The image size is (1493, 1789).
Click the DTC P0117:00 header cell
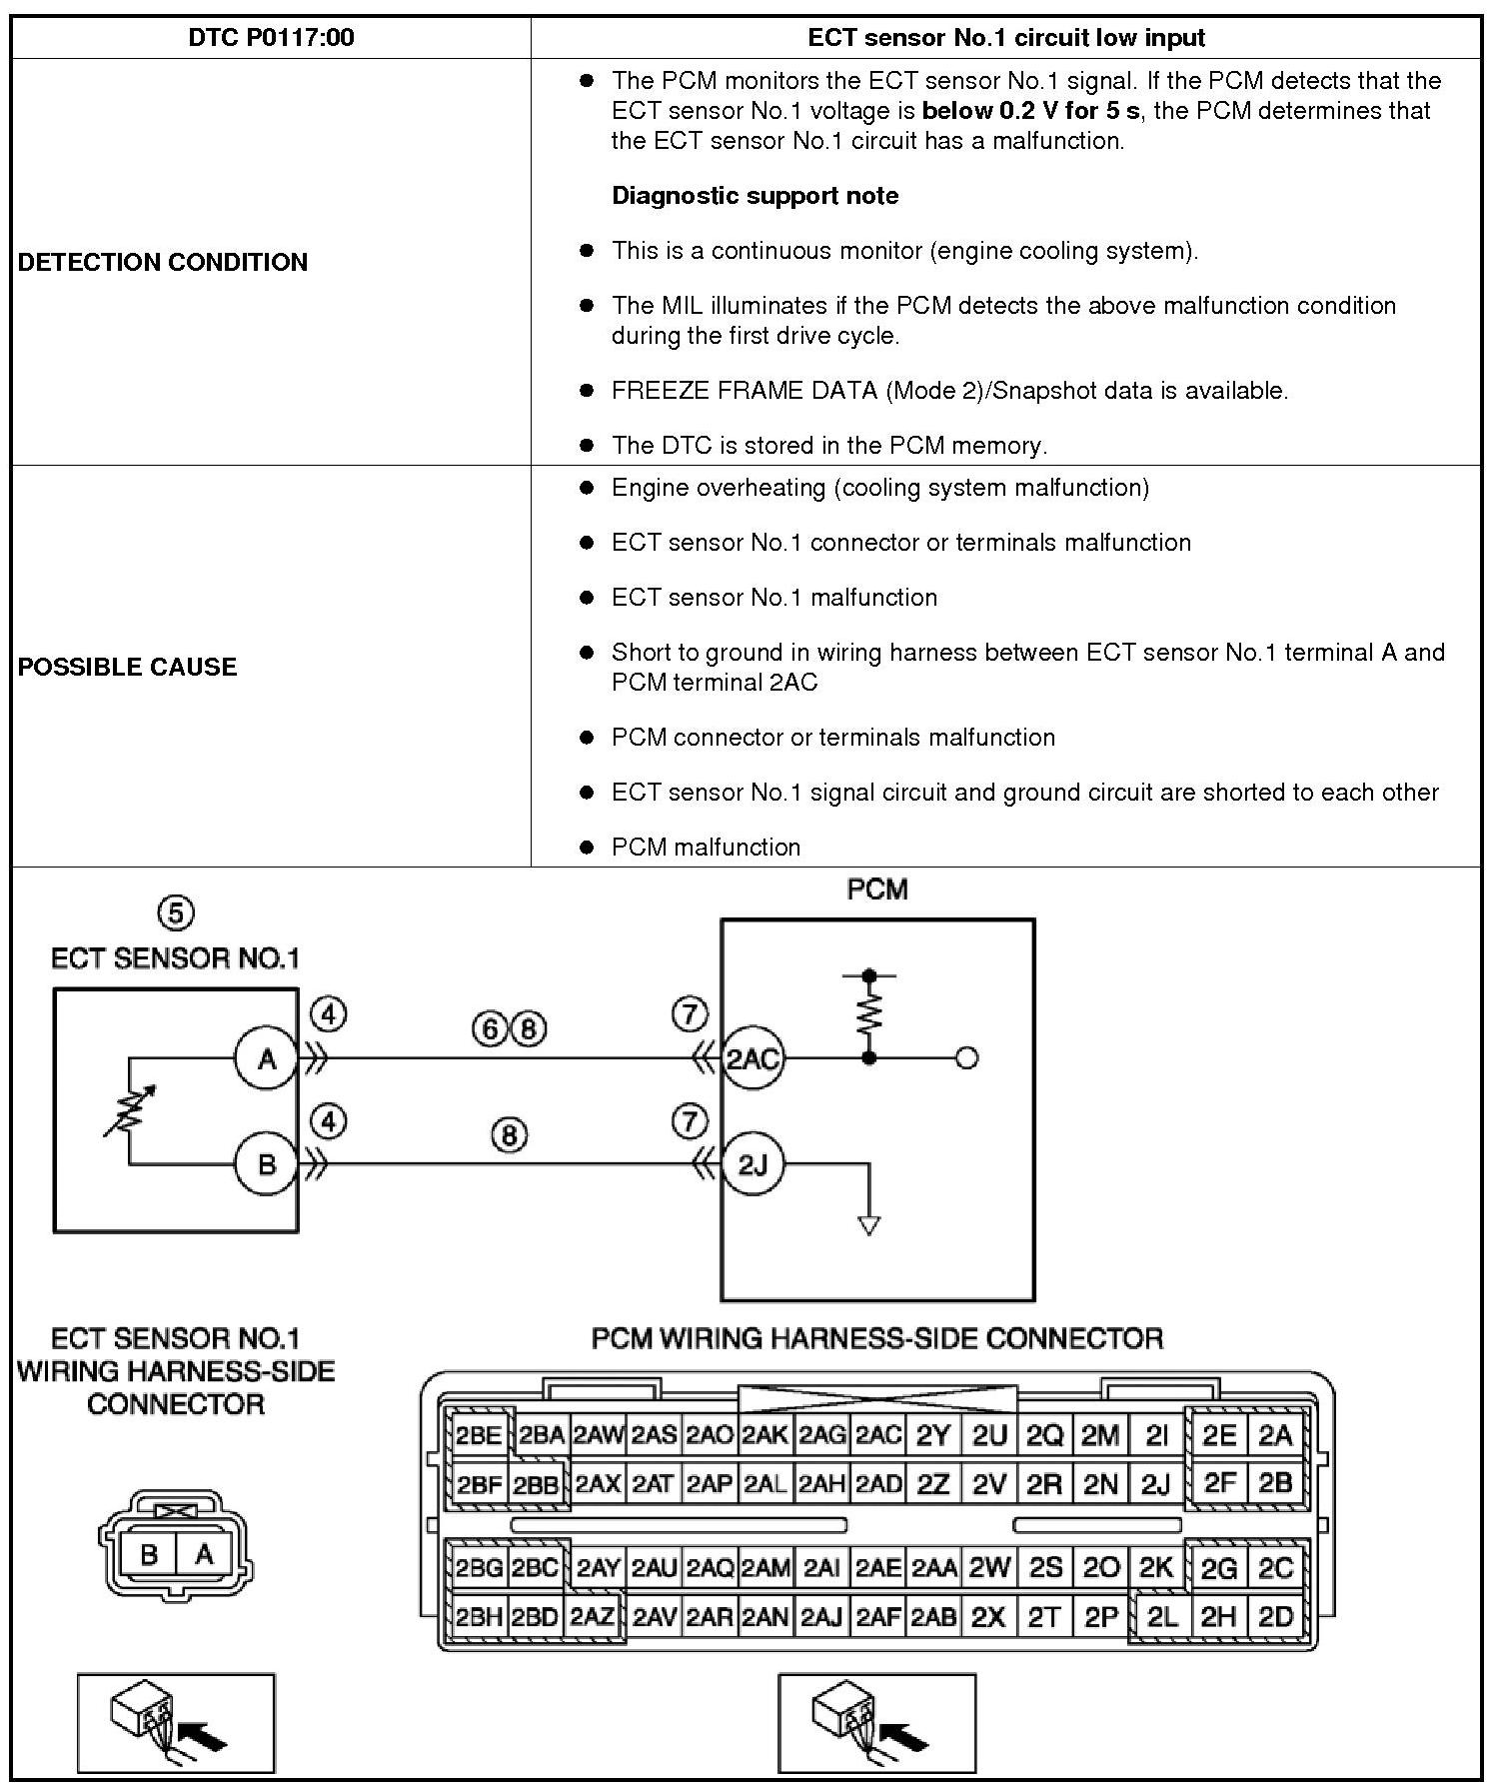tap(271, 38)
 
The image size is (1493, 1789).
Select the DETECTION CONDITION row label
tap(163, 262)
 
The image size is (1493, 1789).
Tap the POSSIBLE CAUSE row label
tap(128, 667)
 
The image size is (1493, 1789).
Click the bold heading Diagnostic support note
tap(754, 195)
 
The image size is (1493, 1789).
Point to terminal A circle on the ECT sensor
tap(267, 1057)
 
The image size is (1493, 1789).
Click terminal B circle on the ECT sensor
tap(267, 1163)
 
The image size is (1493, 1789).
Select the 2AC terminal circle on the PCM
tap(751, 1057)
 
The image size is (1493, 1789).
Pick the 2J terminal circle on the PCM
tap(751, 1163)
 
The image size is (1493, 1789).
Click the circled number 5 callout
tap(176, 912)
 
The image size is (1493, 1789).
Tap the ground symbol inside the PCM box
tap(869, 1225)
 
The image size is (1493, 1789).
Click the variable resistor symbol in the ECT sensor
tap(128, 1110)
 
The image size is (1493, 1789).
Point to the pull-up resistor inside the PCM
tap(869, 1015)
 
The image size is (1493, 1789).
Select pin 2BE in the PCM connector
tap(480, 1436)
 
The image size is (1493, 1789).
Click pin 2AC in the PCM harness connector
tap(879, 1436)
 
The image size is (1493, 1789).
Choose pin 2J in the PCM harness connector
tap(1155, 1484)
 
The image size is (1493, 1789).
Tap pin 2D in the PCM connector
tap(1275, 1616)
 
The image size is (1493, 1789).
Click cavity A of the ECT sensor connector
tap(204, 1554)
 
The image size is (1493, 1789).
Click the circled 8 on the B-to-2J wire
tap(509, 1135)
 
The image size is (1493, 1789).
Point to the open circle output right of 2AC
tap(966, 1057)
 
